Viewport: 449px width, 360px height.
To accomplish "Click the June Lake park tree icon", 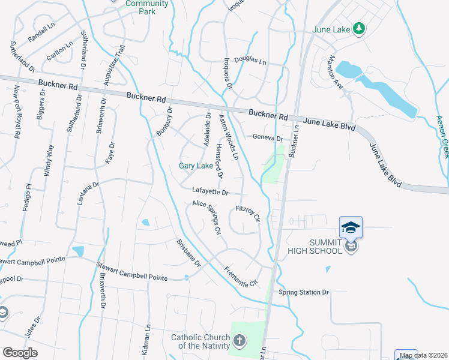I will [359, 29].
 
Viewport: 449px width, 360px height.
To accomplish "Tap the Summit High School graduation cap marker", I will [351, 227].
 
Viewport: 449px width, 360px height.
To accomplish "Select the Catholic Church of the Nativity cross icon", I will [239, 342].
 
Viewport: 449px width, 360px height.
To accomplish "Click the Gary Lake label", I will [196, 166].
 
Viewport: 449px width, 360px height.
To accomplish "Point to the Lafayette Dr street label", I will [210, 192].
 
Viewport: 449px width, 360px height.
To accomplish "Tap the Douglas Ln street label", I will [250, 60].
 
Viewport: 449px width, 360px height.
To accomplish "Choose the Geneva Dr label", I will [268, 137].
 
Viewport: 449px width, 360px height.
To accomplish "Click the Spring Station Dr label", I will [304, 293].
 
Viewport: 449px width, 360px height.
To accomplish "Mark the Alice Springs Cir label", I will [207, 217].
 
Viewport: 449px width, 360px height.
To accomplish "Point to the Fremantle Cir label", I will [241, 275].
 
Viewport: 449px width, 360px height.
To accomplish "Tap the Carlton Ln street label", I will [60, 50].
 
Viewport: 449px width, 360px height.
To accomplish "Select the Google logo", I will [20, 353].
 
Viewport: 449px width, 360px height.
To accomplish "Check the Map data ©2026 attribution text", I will [423, 355].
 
